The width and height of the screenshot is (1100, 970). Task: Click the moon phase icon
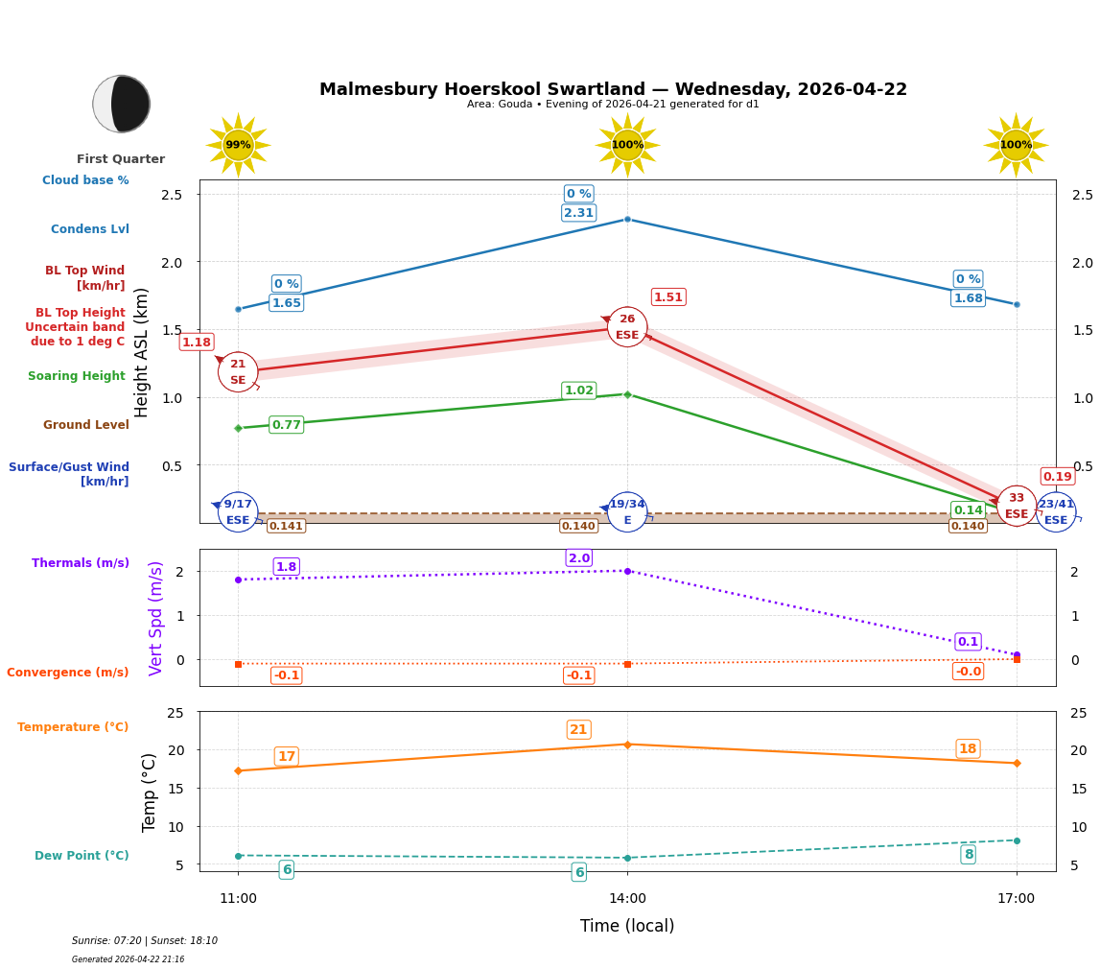[122, 104]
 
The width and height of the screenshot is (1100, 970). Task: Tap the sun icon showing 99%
[238, 145]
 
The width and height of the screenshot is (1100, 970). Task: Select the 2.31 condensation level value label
[578, 213]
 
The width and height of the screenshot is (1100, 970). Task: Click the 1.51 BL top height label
[668, 297]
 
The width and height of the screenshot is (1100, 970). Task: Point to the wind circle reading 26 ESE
[627, 327]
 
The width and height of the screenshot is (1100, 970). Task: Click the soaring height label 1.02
[578, 390]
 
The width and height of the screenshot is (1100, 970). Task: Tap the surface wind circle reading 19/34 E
[627, 512]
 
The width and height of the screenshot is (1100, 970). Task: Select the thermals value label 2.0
[579, 558]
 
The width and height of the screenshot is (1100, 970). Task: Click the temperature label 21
[578, 730]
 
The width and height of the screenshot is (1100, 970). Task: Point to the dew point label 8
[969, 855]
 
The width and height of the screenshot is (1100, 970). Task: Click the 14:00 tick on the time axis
[627, 899]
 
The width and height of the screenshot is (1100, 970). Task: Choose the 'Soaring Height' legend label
[77, 376]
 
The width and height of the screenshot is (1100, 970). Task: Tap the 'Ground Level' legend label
[86, 425]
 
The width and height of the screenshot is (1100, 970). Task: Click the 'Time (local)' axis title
[627, 926]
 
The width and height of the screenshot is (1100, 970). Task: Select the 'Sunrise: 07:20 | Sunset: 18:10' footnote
[145, 941]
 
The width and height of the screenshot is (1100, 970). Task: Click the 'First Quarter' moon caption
[121, 159]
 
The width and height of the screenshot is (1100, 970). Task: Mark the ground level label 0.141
[286, 526]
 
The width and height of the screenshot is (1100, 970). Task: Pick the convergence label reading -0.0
[968, 672]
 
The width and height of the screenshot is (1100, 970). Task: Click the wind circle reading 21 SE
[238, 372]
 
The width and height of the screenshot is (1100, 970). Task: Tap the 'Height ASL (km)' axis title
[142, 352]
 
